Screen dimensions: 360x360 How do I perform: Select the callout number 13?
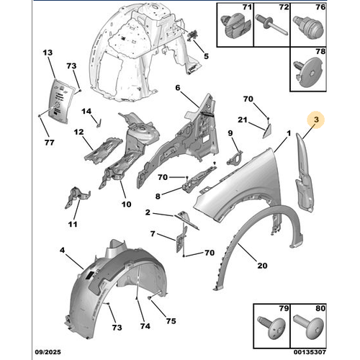(x=48, y=54)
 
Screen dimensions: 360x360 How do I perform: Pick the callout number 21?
(x=243, y=120)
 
